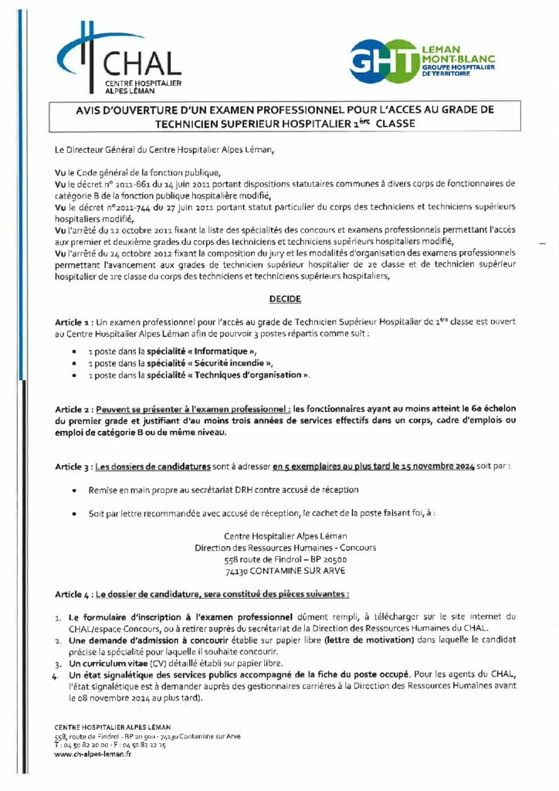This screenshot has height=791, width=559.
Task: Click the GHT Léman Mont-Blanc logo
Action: click(422, 61)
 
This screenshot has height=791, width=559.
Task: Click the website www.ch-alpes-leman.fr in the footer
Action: click(93, 754)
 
